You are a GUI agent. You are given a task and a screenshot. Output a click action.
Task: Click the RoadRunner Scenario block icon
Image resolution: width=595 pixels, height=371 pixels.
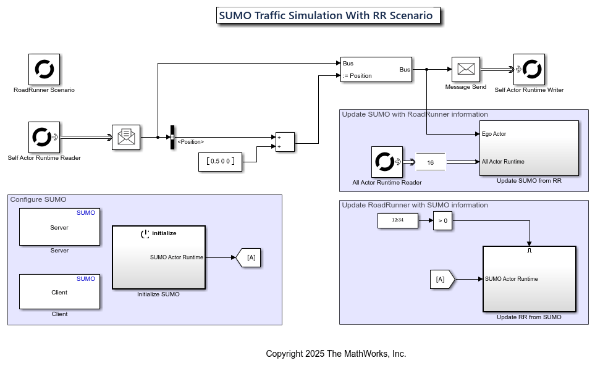tap(44, 69)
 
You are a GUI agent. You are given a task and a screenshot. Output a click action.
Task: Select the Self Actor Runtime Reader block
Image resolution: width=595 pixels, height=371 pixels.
tap(44, 137)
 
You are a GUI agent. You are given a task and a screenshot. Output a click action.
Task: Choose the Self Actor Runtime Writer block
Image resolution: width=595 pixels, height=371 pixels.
tap(529, 69)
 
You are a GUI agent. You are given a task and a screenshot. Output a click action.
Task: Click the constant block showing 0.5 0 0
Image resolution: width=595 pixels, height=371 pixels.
tap(220, 162)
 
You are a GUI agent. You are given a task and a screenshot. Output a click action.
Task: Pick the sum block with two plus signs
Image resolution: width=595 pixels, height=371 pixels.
tap(285, 142)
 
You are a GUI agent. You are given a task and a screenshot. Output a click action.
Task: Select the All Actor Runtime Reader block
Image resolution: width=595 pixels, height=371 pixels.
tap(387, 162)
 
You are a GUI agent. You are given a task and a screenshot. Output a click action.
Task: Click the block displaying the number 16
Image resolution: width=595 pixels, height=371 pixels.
tap(431, 162)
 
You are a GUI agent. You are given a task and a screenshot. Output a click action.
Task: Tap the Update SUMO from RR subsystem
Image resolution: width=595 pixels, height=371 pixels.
tap(529, 148)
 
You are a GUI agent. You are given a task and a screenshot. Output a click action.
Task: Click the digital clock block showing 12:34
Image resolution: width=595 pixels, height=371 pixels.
tap(398, 220)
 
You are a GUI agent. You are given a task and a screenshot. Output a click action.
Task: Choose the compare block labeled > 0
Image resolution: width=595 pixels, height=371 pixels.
tap(442, 220)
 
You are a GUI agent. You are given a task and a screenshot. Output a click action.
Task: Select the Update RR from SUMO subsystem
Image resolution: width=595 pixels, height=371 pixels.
tap(529, 279)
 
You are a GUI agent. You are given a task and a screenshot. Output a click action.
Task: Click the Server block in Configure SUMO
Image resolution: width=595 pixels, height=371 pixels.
tap(59, 227)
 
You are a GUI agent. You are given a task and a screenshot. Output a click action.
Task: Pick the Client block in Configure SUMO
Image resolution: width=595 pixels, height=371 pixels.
tap(59, 292)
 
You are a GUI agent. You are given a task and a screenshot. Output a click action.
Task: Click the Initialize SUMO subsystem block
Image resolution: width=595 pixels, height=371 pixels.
tap(159, 257)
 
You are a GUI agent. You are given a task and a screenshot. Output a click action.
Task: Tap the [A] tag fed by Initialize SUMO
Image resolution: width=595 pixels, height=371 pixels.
tap(249, 257)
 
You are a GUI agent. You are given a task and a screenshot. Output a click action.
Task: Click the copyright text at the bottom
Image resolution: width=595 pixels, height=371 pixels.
tap(335, 354)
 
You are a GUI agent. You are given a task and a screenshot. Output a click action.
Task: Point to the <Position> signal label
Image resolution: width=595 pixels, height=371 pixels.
tap(190, 142)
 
